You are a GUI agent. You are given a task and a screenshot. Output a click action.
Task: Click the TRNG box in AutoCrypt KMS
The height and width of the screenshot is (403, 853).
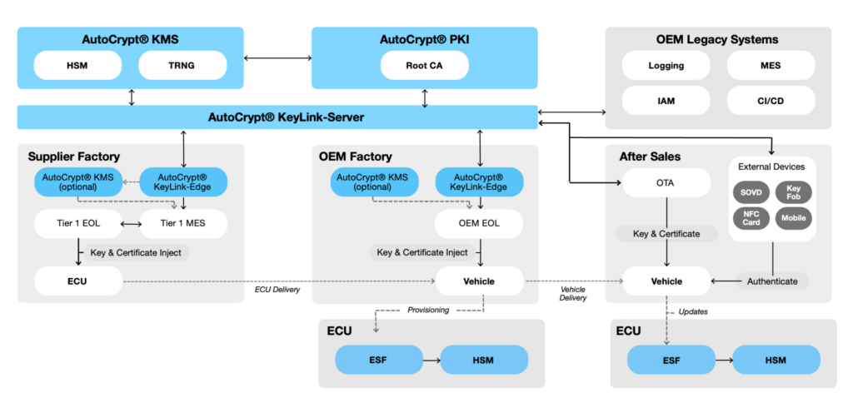(x=182, y=65)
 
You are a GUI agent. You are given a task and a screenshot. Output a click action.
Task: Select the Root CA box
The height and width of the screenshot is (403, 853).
(x=424, y=65)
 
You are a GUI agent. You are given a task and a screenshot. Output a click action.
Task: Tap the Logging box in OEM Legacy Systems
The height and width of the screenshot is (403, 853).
(x=666, y=65)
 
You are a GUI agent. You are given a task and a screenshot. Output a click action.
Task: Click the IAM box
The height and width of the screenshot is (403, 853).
(x=666, y=102)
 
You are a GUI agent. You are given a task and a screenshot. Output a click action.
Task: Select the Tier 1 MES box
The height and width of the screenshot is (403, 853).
(x=182, y=224)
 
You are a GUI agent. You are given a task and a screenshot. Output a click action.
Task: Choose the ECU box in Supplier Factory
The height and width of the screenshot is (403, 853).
(x=78, y=281)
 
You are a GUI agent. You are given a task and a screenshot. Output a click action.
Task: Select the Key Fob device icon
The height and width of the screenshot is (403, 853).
(x=793, y=192)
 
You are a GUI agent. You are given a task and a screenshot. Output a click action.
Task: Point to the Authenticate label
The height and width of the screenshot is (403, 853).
(x=772, y=281)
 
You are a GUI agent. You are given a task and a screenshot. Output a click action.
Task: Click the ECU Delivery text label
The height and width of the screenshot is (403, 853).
(x=278, y=291)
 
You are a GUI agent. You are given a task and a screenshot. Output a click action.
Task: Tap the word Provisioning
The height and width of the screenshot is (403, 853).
(x=428, y=310)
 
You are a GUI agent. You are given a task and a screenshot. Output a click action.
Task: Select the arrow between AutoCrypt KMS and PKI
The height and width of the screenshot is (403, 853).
(x=277, y=58)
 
